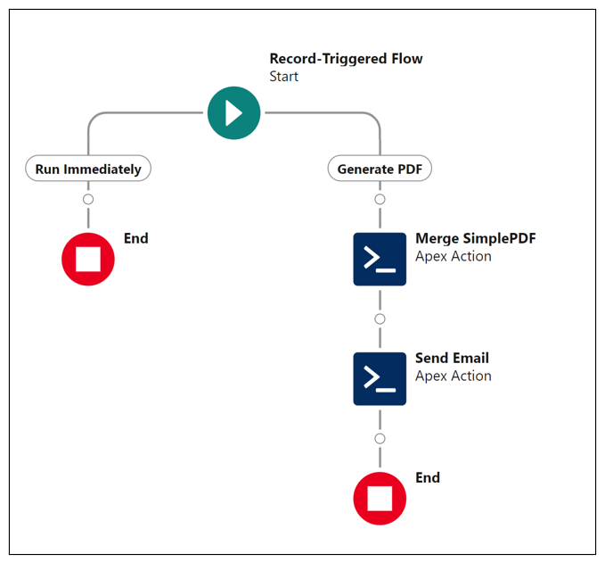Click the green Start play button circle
pos(233,113)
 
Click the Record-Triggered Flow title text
pos(346,59)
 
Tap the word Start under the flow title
pos(284,77)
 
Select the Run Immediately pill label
pos(88,169)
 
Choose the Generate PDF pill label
pos(380,169)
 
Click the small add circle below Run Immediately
pos(88,199)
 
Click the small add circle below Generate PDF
pos(380,199)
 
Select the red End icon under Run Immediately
pos(88,259)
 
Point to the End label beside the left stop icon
pos(135,238)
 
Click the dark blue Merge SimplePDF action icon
pos(380,259)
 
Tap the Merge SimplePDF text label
pos(475,238)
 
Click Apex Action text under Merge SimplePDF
pos(453,256)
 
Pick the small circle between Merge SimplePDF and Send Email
pos(380,318)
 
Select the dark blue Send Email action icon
pos(380,378)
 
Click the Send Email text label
pos(452,358)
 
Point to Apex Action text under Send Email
pos(453,376)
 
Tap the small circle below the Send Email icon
pos(380,438)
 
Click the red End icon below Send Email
pos(380,498)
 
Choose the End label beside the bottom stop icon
pos(428,477)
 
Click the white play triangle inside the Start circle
pos(235,113)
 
